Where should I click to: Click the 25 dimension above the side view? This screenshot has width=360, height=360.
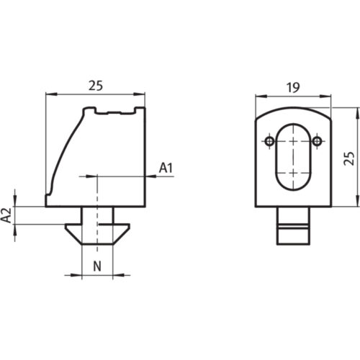96,85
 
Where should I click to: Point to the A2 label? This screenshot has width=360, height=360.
6,214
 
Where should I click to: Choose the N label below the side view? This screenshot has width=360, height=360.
96,264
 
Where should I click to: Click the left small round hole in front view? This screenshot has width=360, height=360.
269,140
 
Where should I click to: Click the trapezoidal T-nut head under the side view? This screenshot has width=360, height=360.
96,233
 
